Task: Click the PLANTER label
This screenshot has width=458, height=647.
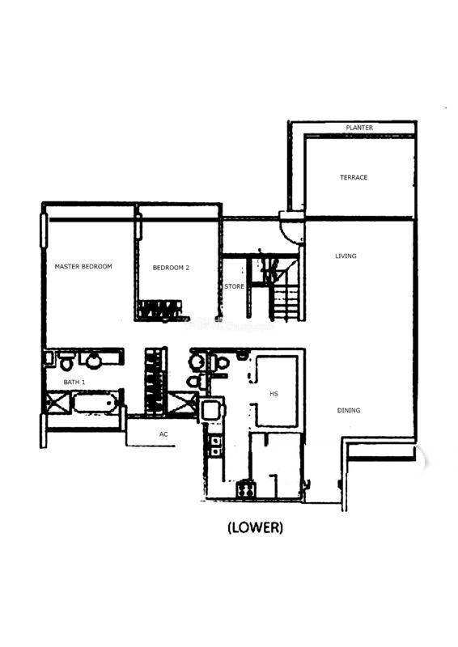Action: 359,128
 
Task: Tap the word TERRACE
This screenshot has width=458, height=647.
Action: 354,177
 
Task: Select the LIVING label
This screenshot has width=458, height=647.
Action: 346,256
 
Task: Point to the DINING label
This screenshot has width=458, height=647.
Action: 349,410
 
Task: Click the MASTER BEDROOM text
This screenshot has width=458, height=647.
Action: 83,267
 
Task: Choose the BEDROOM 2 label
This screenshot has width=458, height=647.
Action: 171,268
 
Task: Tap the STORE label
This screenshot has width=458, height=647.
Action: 234,286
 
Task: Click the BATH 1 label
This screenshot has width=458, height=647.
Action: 74,383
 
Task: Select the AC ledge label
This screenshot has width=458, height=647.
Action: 163,434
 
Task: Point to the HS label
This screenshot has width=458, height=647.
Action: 274,394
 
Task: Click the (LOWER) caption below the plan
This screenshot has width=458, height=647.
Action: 255,527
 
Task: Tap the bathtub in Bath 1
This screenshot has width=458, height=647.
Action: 94,403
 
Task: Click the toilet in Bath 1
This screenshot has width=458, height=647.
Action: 66,361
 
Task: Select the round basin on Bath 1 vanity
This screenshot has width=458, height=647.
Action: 93,360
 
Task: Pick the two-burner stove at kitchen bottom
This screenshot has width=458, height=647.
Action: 245,490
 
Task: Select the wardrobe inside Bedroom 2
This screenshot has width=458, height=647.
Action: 159,310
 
